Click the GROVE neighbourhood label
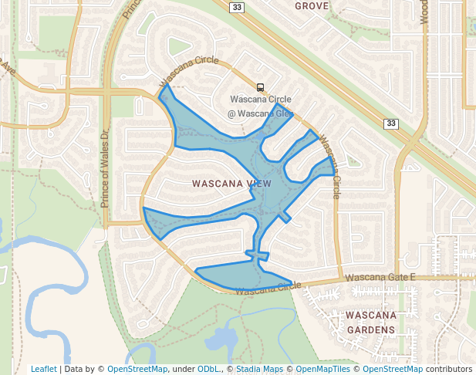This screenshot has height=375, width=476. pos(312,6)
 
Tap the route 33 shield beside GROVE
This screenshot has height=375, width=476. pos(238,6)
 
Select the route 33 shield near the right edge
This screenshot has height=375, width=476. pos(392,123)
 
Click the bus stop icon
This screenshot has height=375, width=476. pos(261,87)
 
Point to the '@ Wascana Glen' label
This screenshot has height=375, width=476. pos(260,113)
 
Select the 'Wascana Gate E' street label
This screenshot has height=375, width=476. pos(380,277)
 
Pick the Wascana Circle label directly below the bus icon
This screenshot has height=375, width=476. pos(261,100)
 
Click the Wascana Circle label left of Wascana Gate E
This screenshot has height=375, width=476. pos(268,289)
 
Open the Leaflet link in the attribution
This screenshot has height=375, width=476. pos(43,369)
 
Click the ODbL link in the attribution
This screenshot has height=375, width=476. pos(208,369)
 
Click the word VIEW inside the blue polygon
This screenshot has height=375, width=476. pos(258,184)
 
